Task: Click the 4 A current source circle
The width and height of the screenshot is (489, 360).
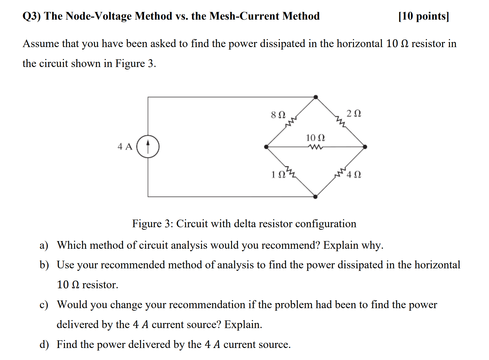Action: [x=148, y=147]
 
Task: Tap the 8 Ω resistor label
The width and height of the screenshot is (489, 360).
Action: [x=278, y=115]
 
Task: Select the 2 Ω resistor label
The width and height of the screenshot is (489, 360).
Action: [x=354, y=113]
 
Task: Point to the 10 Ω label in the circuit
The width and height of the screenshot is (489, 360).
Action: [x=315, y=138]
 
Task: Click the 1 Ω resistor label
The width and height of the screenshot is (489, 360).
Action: [x=278, y=174]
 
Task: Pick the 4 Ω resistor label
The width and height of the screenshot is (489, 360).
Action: [x=354, y=174]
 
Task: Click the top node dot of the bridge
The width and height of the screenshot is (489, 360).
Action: [x=315, y=97]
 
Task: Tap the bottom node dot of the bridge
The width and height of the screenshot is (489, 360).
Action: [x=315, y=197]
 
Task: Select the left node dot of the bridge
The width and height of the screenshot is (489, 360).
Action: [x=266, y=147]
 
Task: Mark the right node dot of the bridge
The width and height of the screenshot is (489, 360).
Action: [x=365, y=147]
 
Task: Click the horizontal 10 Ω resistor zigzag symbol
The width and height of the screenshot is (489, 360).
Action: [x=315, y=147]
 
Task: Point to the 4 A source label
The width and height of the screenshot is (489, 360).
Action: [x=125, y=147]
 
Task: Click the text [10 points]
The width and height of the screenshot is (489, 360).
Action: [x=424, y=16]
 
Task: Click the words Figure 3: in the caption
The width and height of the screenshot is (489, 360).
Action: [x=152, y=224]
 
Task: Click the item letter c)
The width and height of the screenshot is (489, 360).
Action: [x=44, y=305]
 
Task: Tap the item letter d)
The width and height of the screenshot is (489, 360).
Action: [x=44, y=345]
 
